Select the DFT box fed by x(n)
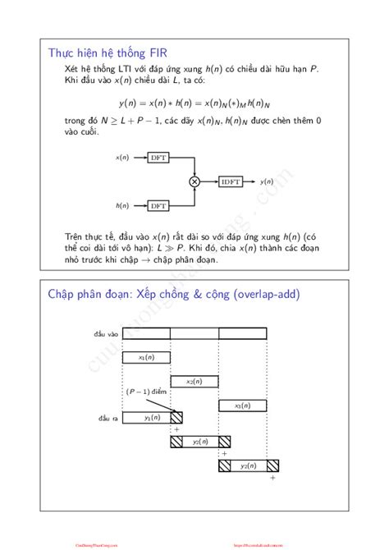[158, 157]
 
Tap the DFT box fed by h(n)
[158, 205]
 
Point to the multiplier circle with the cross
[194, 181]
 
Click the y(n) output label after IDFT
[267, 181]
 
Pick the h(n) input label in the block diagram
[121, 205]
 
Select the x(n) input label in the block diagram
[121, 157]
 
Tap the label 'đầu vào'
[108, 333]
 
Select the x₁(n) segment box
[146, 357]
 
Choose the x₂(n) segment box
[194, 381]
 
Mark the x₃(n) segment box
[242, 405]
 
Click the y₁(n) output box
[152, 418]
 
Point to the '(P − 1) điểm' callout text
[146, 392]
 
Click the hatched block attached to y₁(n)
[176, 418]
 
